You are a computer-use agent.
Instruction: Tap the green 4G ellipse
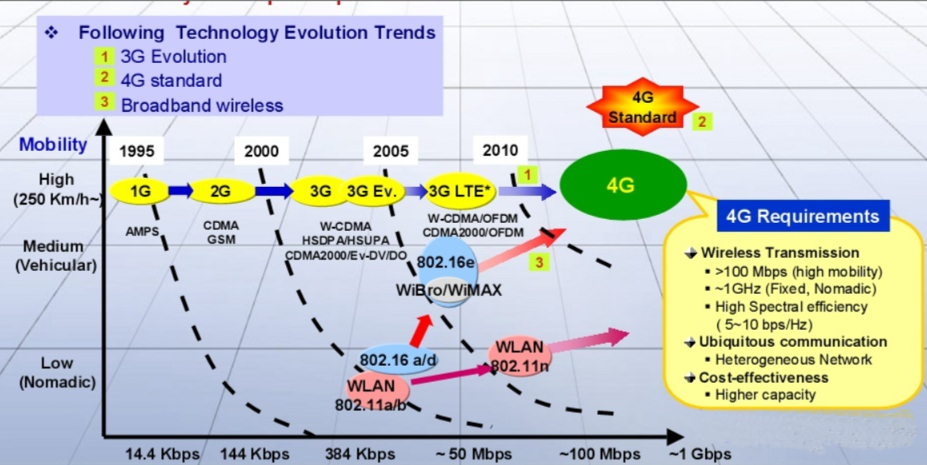pyautogui.click(x=622, y=186)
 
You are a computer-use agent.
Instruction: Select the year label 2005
pyautogui.click(x=390, y=151)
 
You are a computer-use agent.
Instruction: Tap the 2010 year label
pyautogui.click(x=500, y=150)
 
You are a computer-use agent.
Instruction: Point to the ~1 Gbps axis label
pyautogui.click(x=699, y=454)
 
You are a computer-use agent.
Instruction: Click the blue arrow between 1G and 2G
pyautogui.click(x=180, y=190)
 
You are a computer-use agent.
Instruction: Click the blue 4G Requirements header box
pyautogui.click(x=802, y=217)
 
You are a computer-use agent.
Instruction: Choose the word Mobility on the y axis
pyautogui.click(x=53, y=145)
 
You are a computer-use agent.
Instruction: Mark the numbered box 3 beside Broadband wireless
pyautogui.click(x=103, y=102)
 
